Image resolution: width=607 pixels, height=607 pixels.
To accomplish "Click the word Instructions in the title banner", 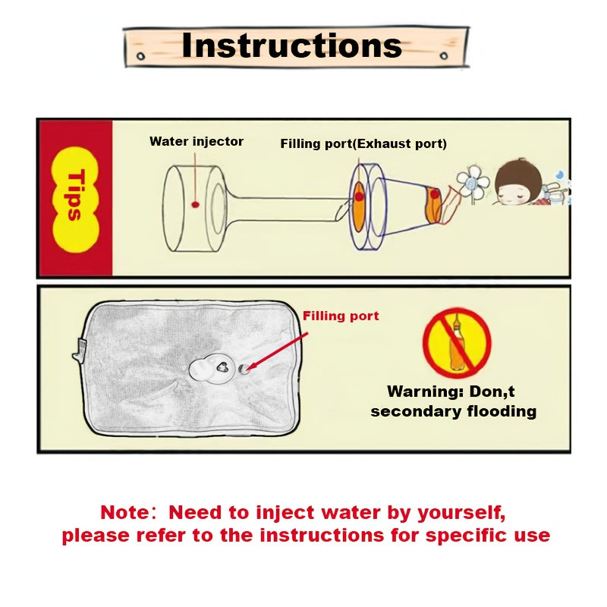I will pos(291,45).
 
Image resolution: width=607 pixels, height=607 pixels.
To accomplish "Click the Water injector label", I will pos(197,141).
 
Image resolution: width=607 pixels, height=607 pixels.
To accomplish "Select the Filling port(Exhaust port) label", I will pos(363,143).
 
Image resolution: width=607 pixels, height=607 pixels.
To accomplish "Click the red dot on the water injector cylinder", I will pos(195,205).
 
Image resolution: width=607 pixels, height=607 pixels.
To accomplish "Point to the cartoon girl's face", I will pos(518,189).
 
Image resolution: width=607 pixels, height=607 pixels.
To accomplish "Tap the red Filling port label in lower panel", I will pos(341,316).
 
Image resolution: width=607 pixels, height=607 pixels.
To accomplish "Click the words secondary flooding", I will pos(453,412).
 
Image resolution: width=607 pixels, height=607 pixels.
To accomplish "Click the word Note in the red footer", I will pos(128,512).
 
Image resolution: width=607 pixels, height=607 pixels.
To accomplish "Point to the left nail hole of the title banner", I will pos(139,57).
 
